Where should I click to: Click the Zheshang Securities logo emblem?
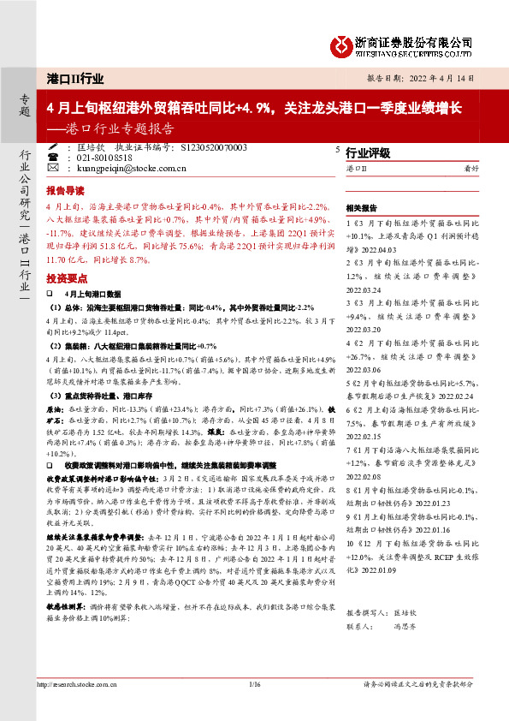point(342,44)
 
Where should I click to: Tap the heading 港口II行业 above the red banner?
point(77,79)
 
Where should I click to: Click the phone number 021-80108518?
point(104,158)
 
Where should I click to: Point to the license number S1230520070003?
point(215,148)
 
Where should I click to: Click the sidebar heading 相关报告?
point(362,208)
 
